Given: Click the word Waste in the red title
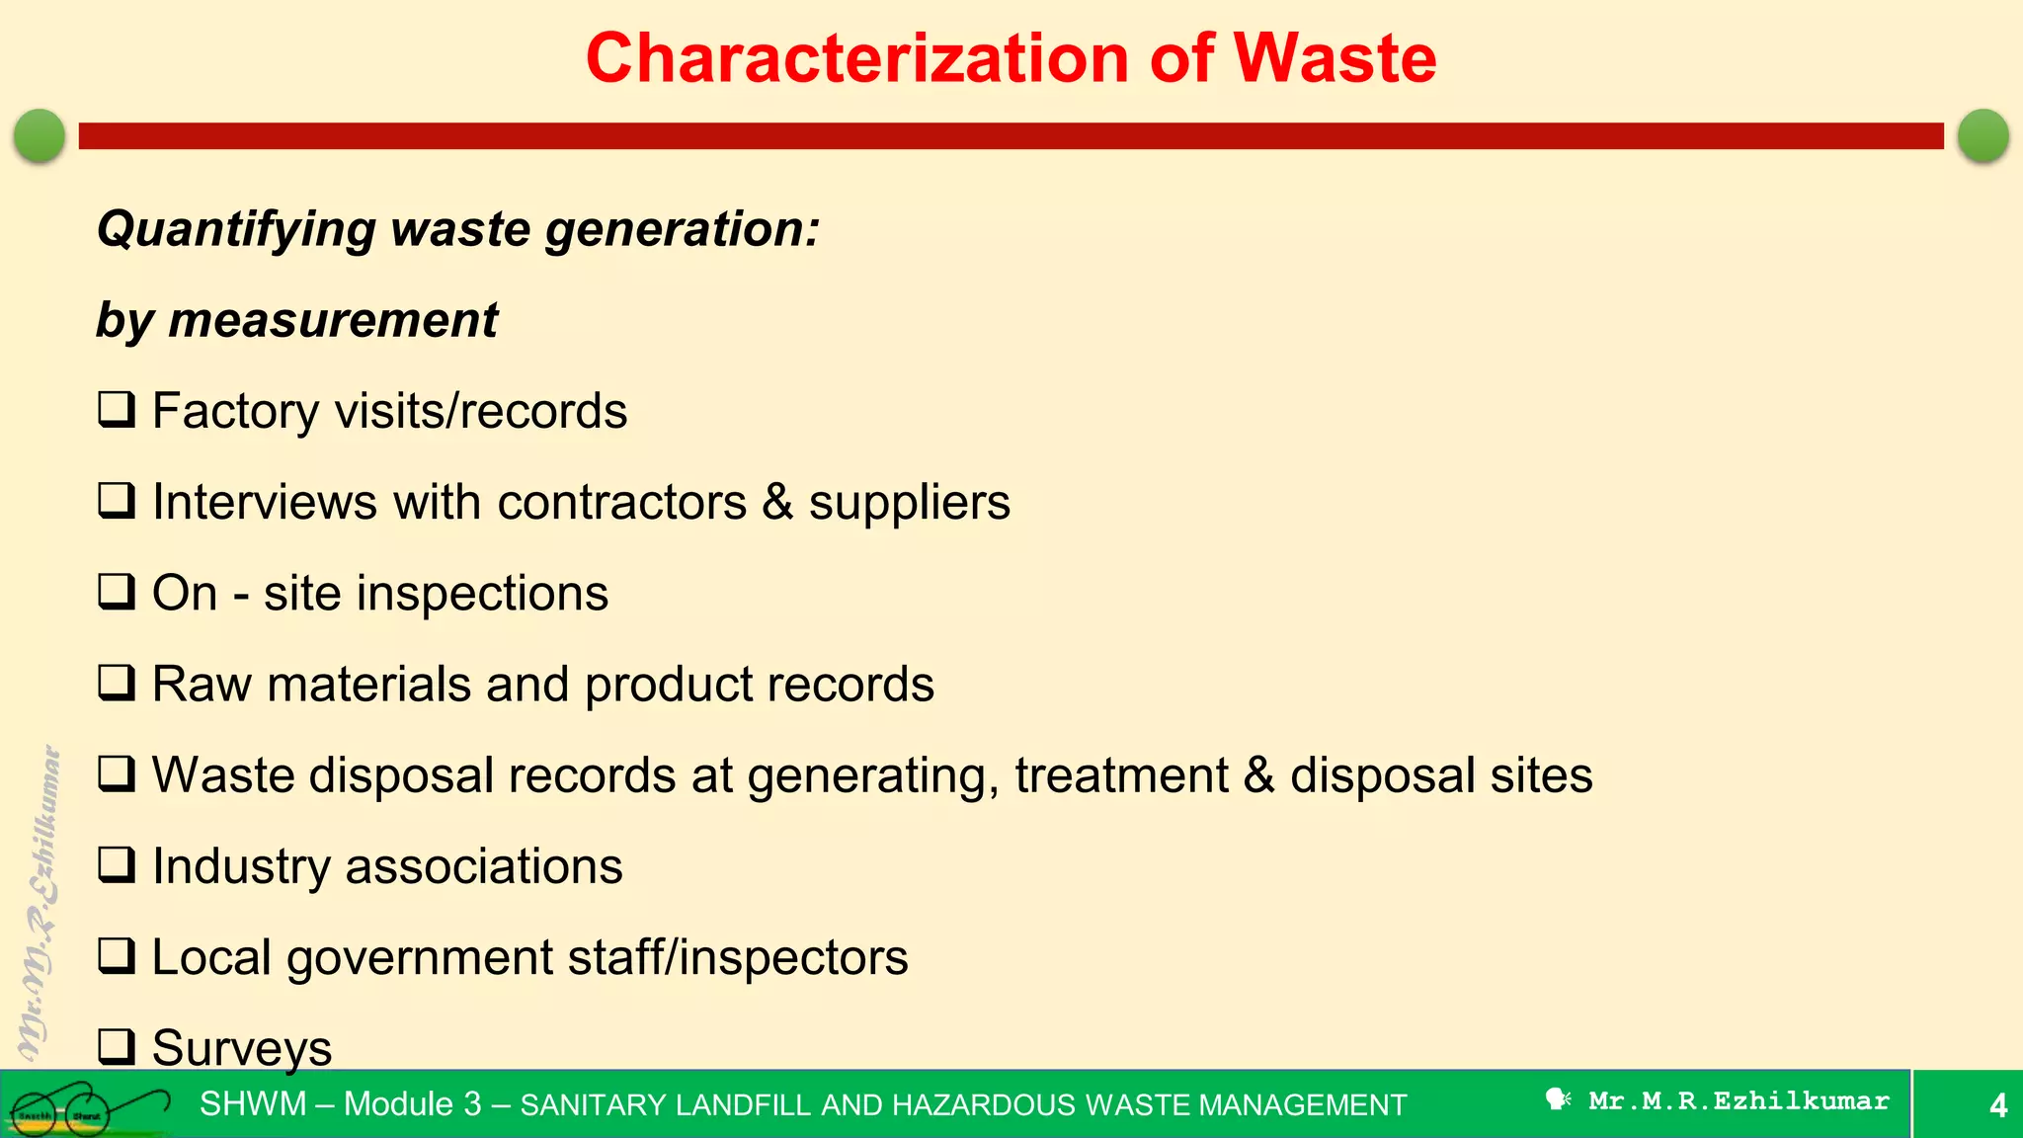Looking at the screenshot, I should [1335, 58].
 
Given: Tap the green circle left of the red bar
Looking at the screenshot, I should [40, 135].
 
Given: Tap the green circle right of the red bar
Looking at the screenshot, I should [1983, 135].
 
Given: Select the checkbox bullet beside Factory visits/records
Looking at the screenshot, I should [117, 410].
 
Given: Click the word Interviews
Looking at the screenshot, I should [265, 502].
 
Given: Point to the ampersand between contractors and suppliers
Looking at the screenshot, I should [777, 502].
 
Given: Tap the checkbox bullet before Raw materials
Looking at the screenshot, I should [117, 683].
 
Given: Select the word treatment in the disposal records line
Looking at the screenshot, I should [1121, 775].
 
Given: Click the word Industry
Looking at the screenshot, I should [241, 867].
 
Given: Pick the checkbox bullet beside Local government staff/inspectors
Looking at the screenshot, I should [117, 956].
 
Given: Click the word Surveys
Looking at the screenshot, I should [242, 1048].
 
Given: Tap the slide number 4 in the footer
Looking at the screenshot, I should [1997, 1105].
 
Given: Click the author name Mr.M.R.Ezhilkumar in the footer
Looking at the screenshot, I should [1739, 1101].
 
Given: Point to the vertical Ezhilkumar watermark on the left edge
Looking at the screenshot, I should [40, 899].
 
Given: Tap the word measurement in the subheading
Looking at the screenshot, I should [333, 321].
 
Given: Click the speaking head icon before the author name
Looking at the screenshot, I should [1558, 1099].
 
